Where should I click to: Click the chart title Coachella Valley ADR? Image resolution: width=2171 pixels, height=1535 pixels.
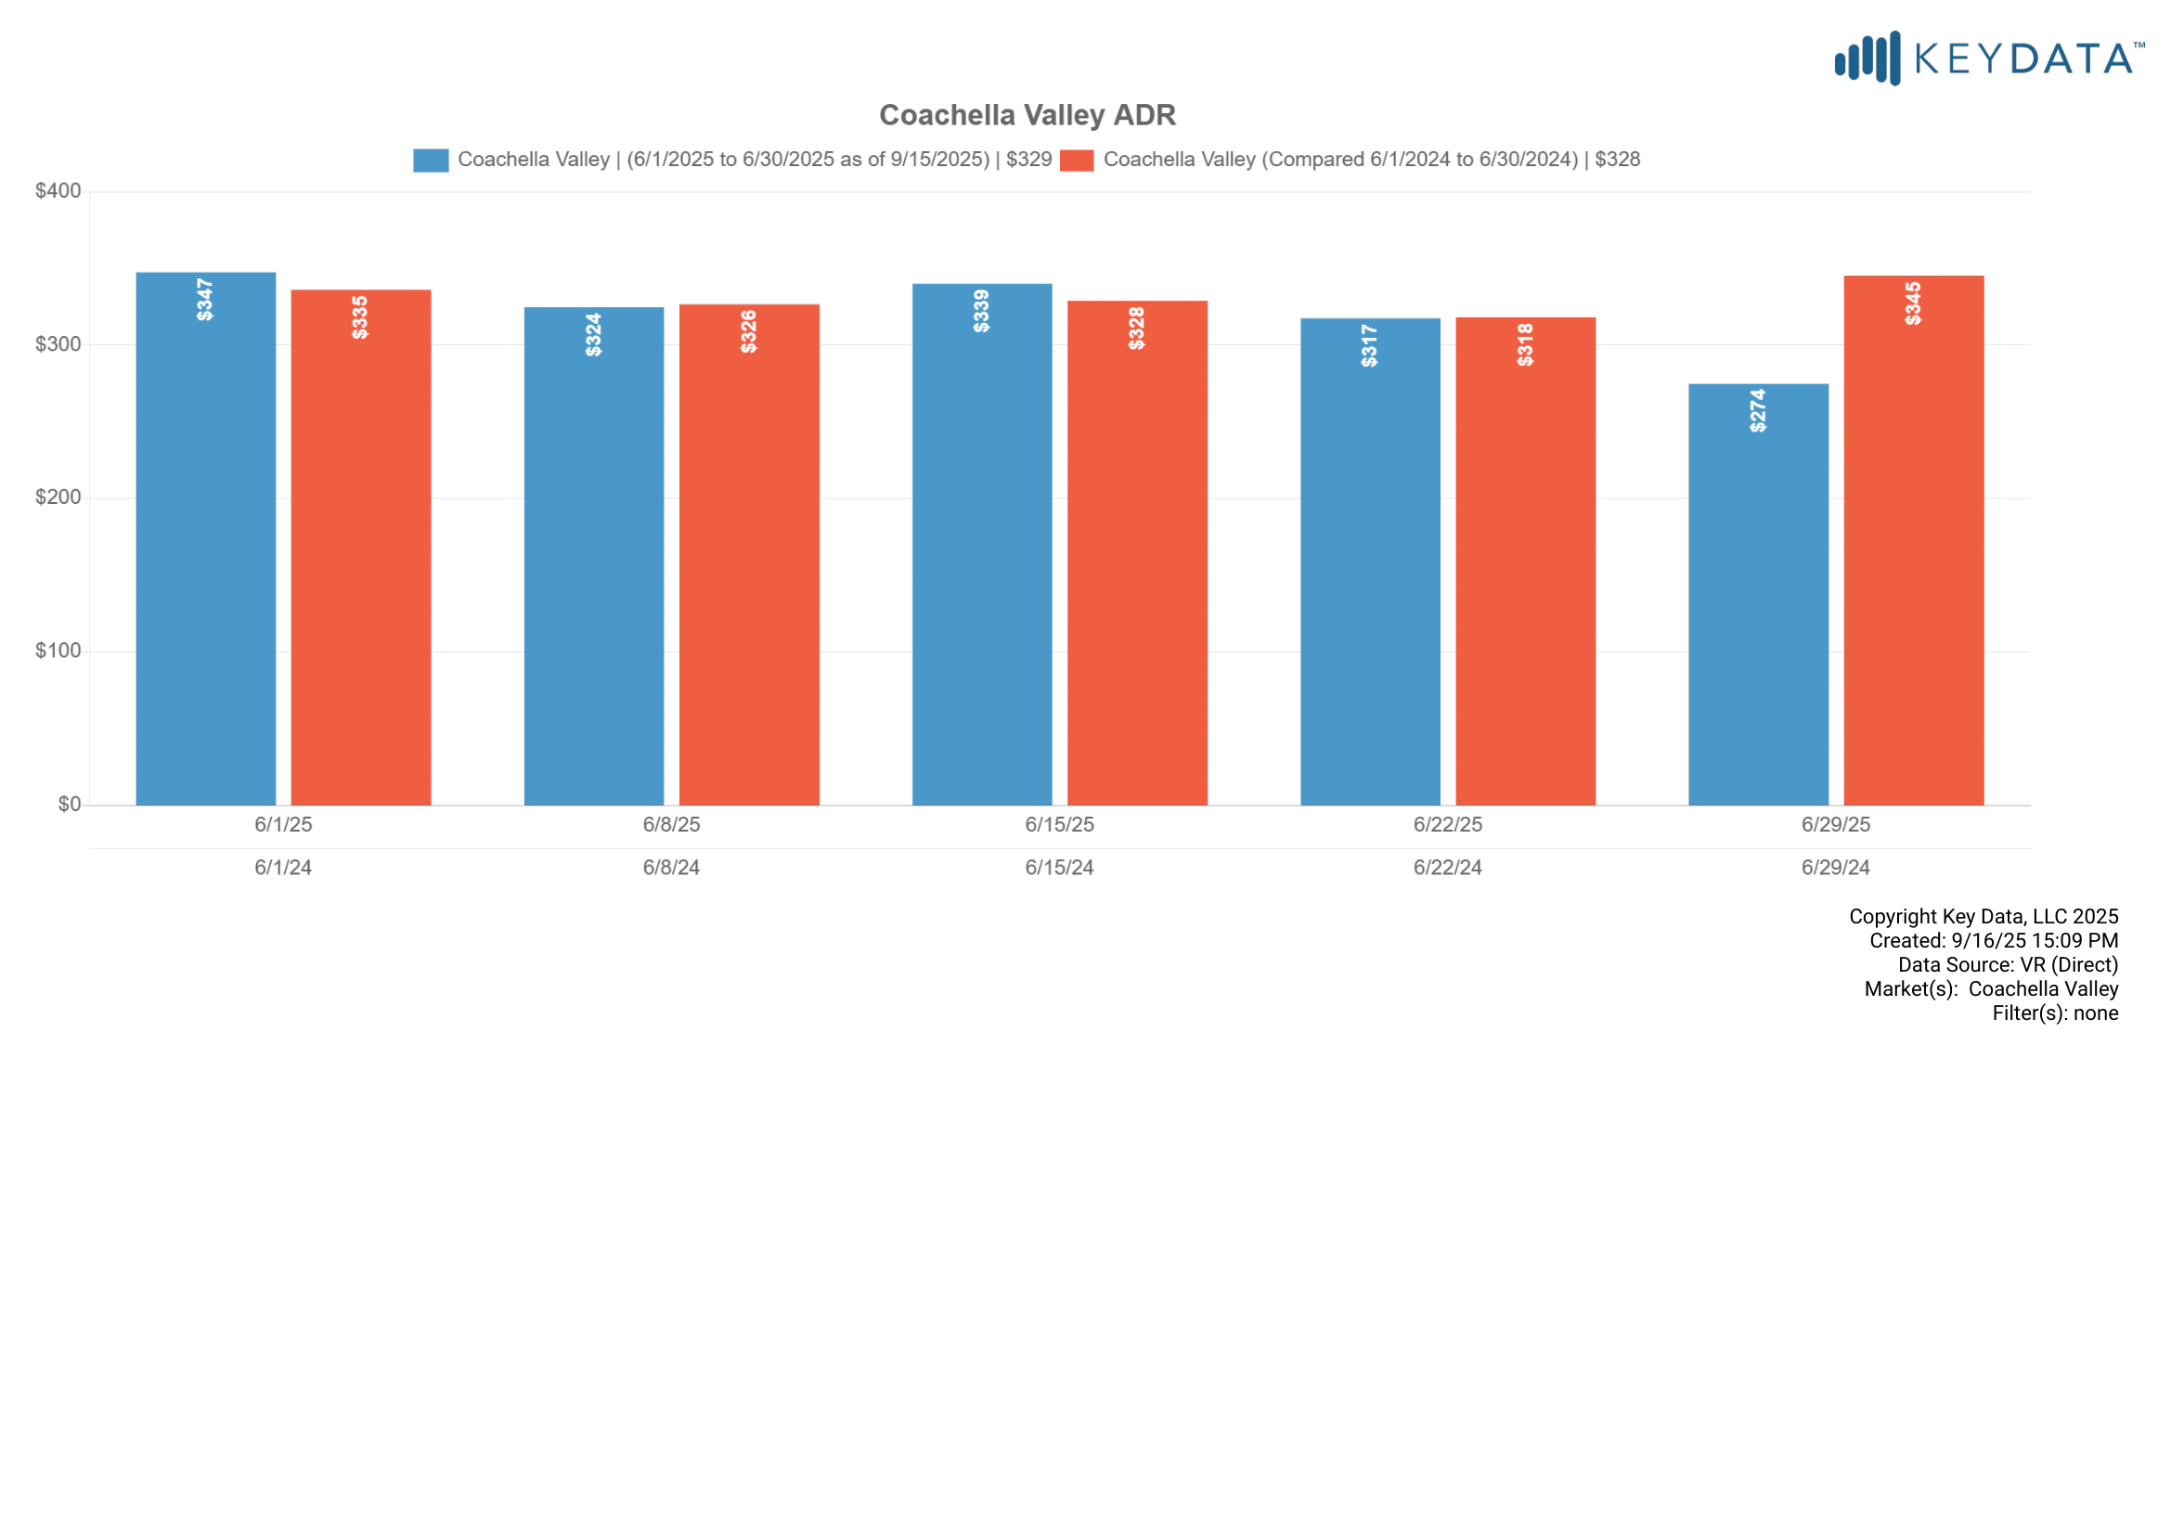tap(1027, 115)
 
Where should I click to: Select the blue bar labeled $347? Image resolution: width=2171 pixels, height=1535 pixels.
tap(206, 539)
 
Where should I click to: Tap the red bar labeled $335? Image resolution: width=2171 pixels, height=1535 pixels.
tap(360, 548)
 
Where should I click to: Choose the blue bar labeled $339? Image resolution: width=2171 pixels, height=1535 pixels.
tap(981, 545)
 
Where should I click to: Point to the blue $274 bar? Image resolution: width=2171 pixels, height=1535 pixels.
tap(1758, 595)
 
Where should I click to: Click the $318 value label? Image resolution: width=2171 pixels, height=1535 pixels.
tap(1525, 344)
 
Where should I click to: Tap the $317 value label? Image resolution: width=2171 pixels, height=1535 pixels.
tap(1369, 345)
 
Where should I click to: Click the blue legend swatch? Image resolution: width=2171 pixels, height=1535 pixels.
tap(431, 160)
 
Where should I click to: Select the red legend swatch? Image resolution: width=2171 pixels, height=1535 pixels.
tap(1076, 160)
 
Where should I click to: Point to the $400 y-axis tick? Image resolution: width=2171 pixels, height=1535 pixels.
tap(58, 191)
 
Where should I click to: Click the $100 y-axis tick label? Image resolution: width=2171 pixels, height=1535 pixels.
tap(58, 651)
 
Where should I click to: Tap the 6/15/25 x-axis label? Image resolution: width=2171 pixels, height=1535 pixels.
tap(1059, 824)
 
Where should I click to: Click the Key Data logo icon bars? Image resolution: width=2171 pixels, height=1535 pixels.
tap(1867, 58)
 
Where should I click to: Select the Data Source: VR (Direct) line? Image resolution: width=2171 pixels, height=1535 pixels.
tap(2008, 964)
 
